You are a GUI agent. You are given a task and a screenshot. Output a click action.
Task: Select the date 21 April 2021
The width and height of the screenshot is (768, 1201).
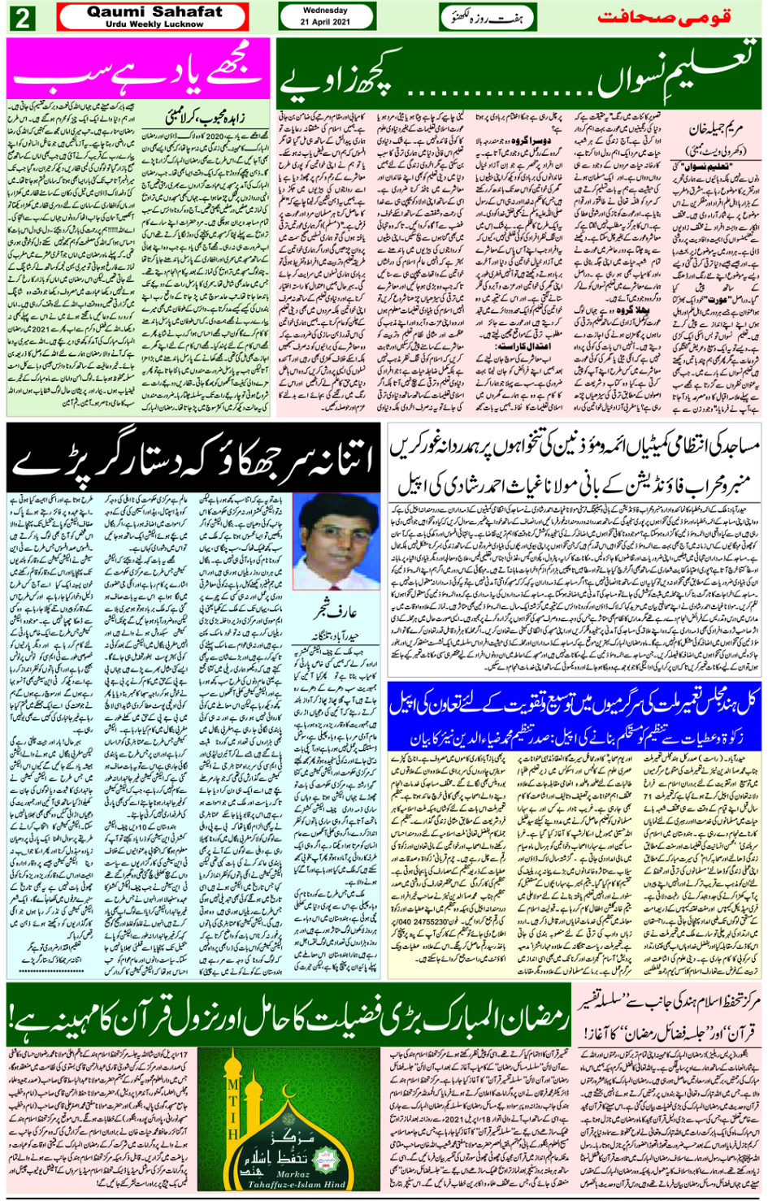[x=325, y=22]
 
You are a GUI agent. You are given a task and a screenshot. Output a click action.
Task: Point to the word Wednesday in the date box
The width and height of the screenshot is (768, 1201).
[x=325, y=11]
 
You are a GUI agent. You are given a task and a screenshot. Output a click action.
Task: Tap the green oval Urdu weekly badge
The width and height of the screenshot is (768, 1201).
[x=488, y=17]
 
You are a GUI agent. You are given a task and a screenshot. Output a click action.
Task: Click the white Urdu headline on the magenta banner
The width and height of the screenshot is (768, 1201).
[x=137, y=70]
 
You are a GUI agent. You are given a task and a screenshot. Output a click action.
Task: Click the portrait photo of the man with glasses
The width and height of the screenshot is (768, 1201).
[x=336, y=540]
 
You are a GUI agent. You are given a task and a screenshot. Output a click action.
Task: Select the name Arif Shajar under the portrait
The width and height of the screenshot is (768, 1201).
[x=336, y=611]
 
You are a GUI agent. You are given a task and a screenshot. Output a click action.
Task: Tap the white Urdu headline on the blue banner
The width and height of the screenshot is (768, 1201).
[x=573, y=703]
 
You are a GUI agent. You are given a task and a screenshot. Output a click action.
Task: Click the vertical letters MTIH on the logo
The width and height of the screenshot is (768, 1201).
[x=233, y=1108]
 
